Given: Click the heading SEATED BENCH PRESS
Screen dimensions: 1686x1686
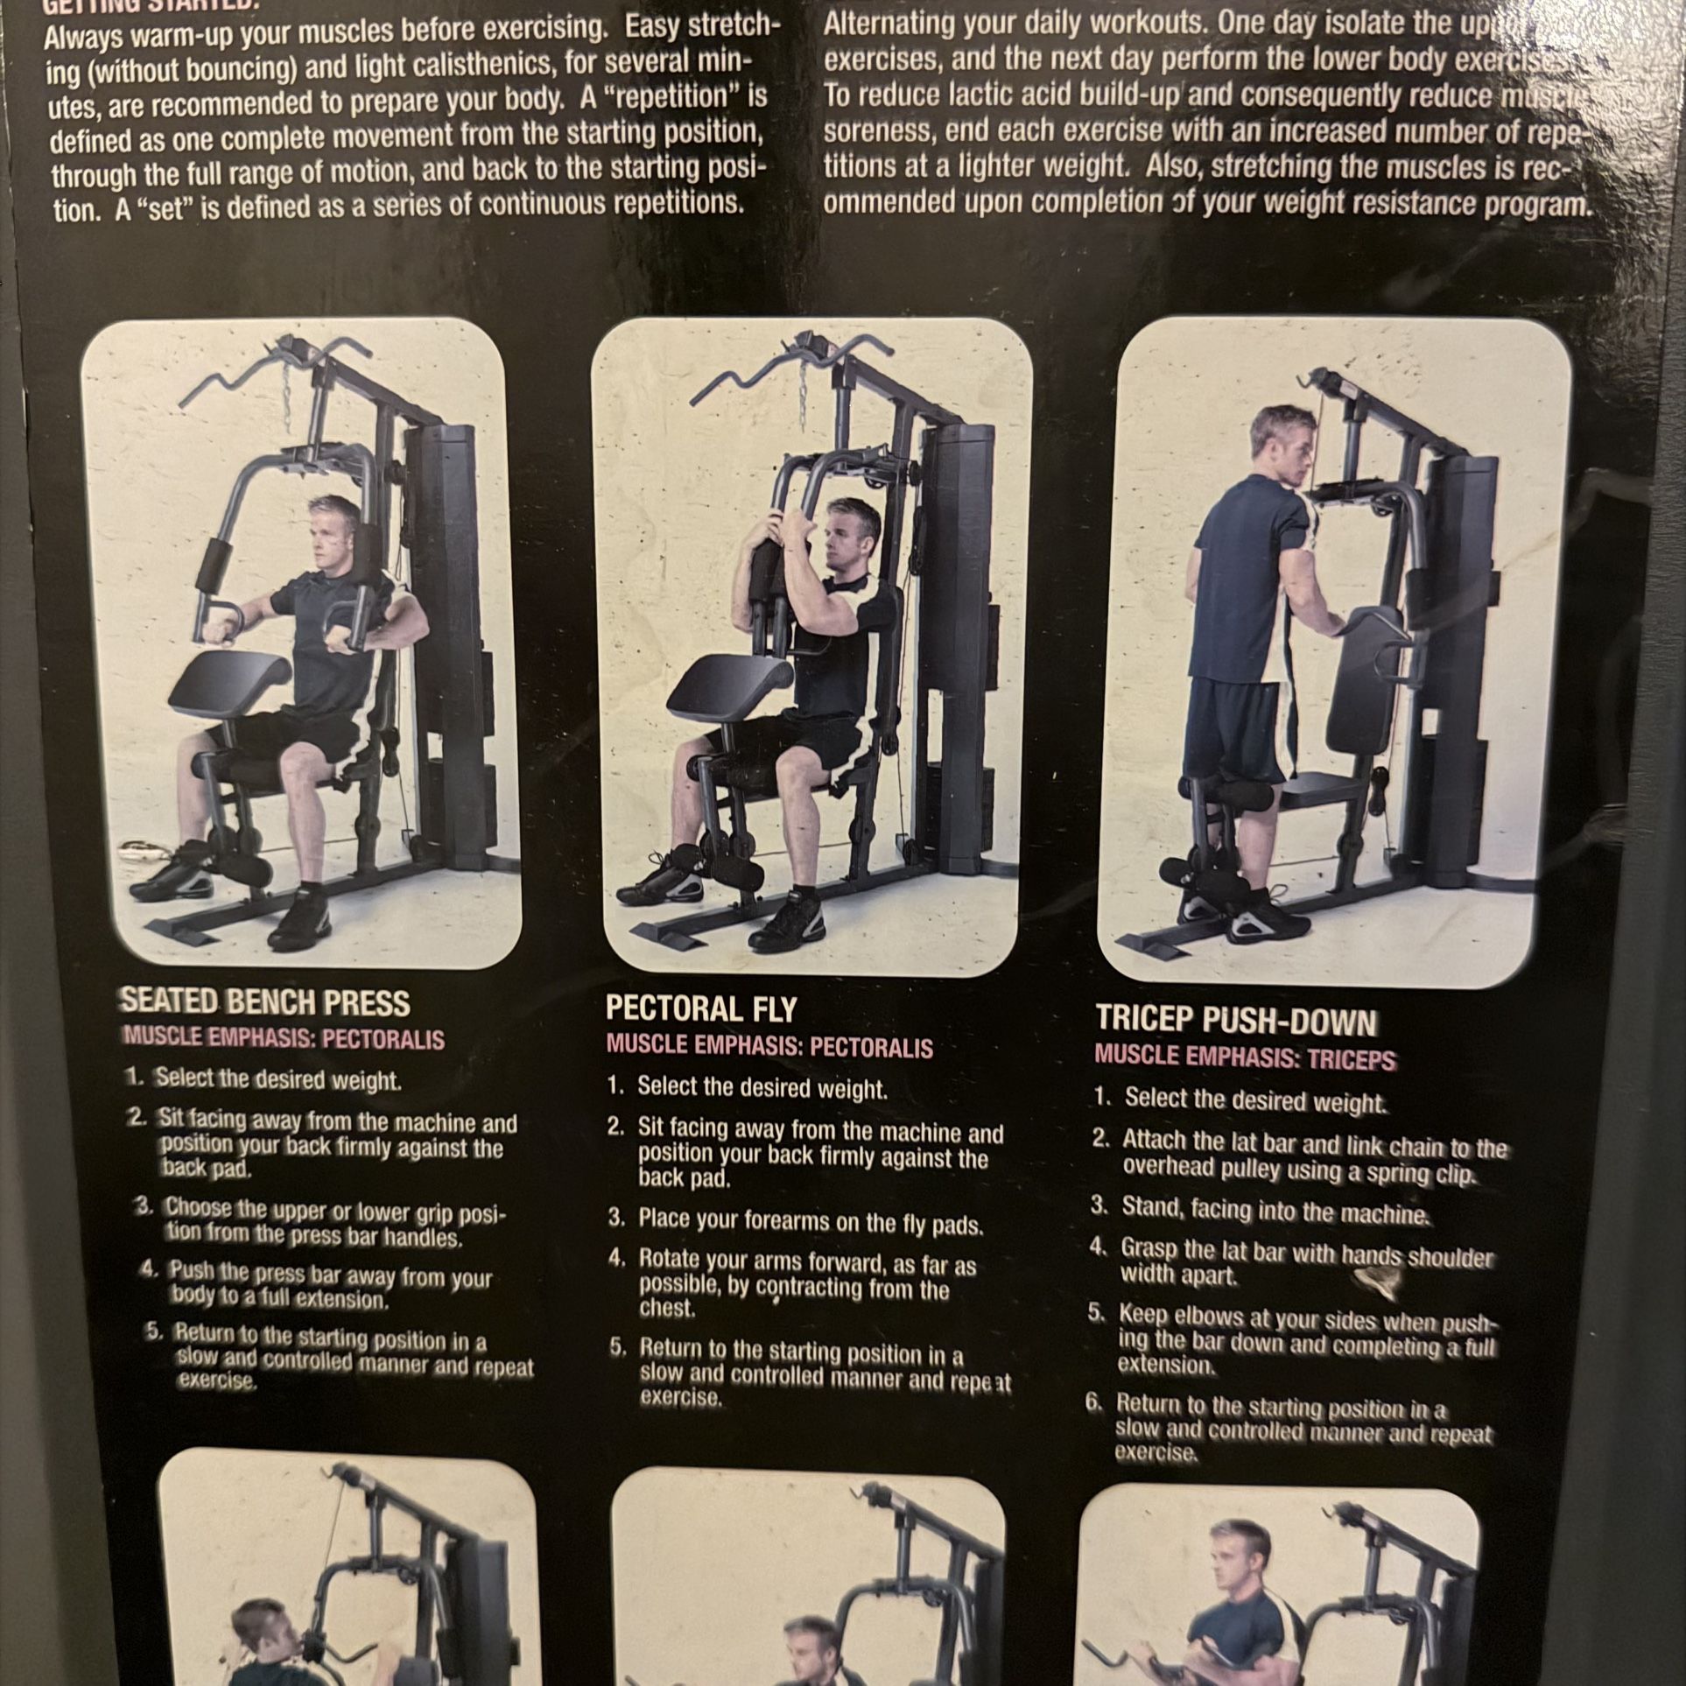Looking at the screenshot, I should tap(264, 1001).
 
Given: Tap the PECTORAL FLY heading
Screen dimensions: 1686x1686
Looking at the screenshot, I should tap(701, 1009).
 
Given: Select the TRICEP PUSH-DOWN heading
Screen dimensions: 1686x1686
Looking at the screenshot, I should tap(1236, 1022).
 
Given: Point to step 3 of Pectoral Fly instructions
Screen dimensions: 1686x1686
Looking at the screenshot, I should tap(810, 1221).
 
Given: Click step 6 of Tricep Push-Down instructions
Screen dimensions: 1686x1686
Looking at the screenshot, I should tap(1287, 1432).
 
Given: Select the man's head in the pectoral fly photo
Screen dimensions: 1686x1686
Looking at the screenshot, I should tap(846, 535).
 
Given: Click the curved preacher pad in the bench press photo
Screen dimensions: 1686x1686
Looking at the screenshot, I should tap(229, 685).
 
